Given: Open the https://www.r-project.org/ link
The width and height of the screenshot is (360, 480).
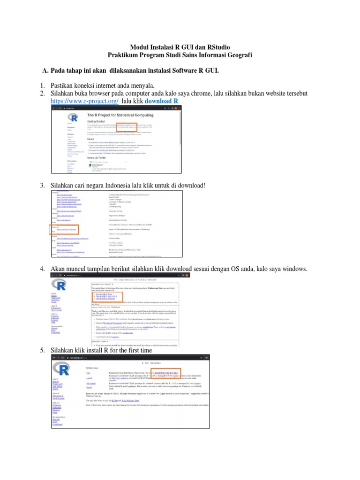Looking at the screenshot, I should coord(84,101).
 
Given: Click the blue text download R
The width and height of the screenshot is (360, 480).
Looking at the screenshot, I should coord(161,101).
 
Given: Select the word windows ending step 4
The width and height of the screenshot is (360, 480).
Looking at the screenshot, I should coord(293,269).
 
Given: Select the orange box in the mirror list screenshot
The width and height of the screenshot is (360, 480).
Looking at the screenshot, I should coord(65,230).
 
